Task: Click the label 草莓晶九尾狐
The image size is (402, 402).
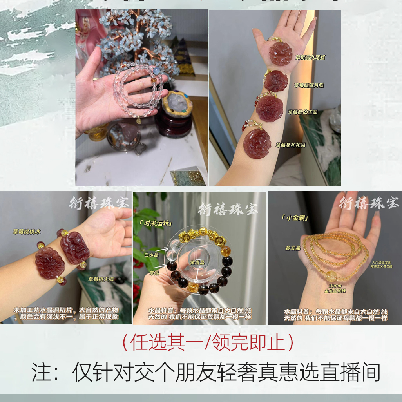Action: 310,57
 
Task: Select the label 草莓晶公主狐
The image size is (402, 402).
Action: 303,112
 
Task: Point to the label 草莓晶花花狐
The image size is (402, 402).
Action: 290,145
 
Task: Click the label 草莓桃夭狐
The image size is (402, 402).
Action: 101,279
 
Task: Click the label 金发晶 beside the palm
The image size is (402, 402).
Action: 293,248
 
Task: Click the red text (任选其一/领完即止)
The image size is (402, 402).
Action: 208,342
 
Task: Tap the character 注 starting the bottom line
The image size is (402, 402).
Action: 41,372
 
